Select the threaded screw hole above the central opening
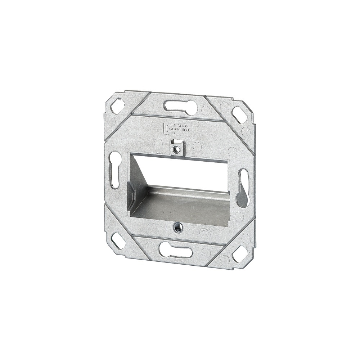click(x=176, y=148)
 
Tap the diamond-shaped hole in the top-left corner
click(x=117, y=106)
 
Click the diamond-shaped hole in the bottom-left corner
click(x=118, y=240)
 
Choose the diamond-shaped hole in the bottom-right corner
click(x=239, y=254)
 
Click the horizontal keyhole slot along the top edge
click(x=180, y=106)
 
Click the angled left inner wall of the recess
click(x=137, y=180)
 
